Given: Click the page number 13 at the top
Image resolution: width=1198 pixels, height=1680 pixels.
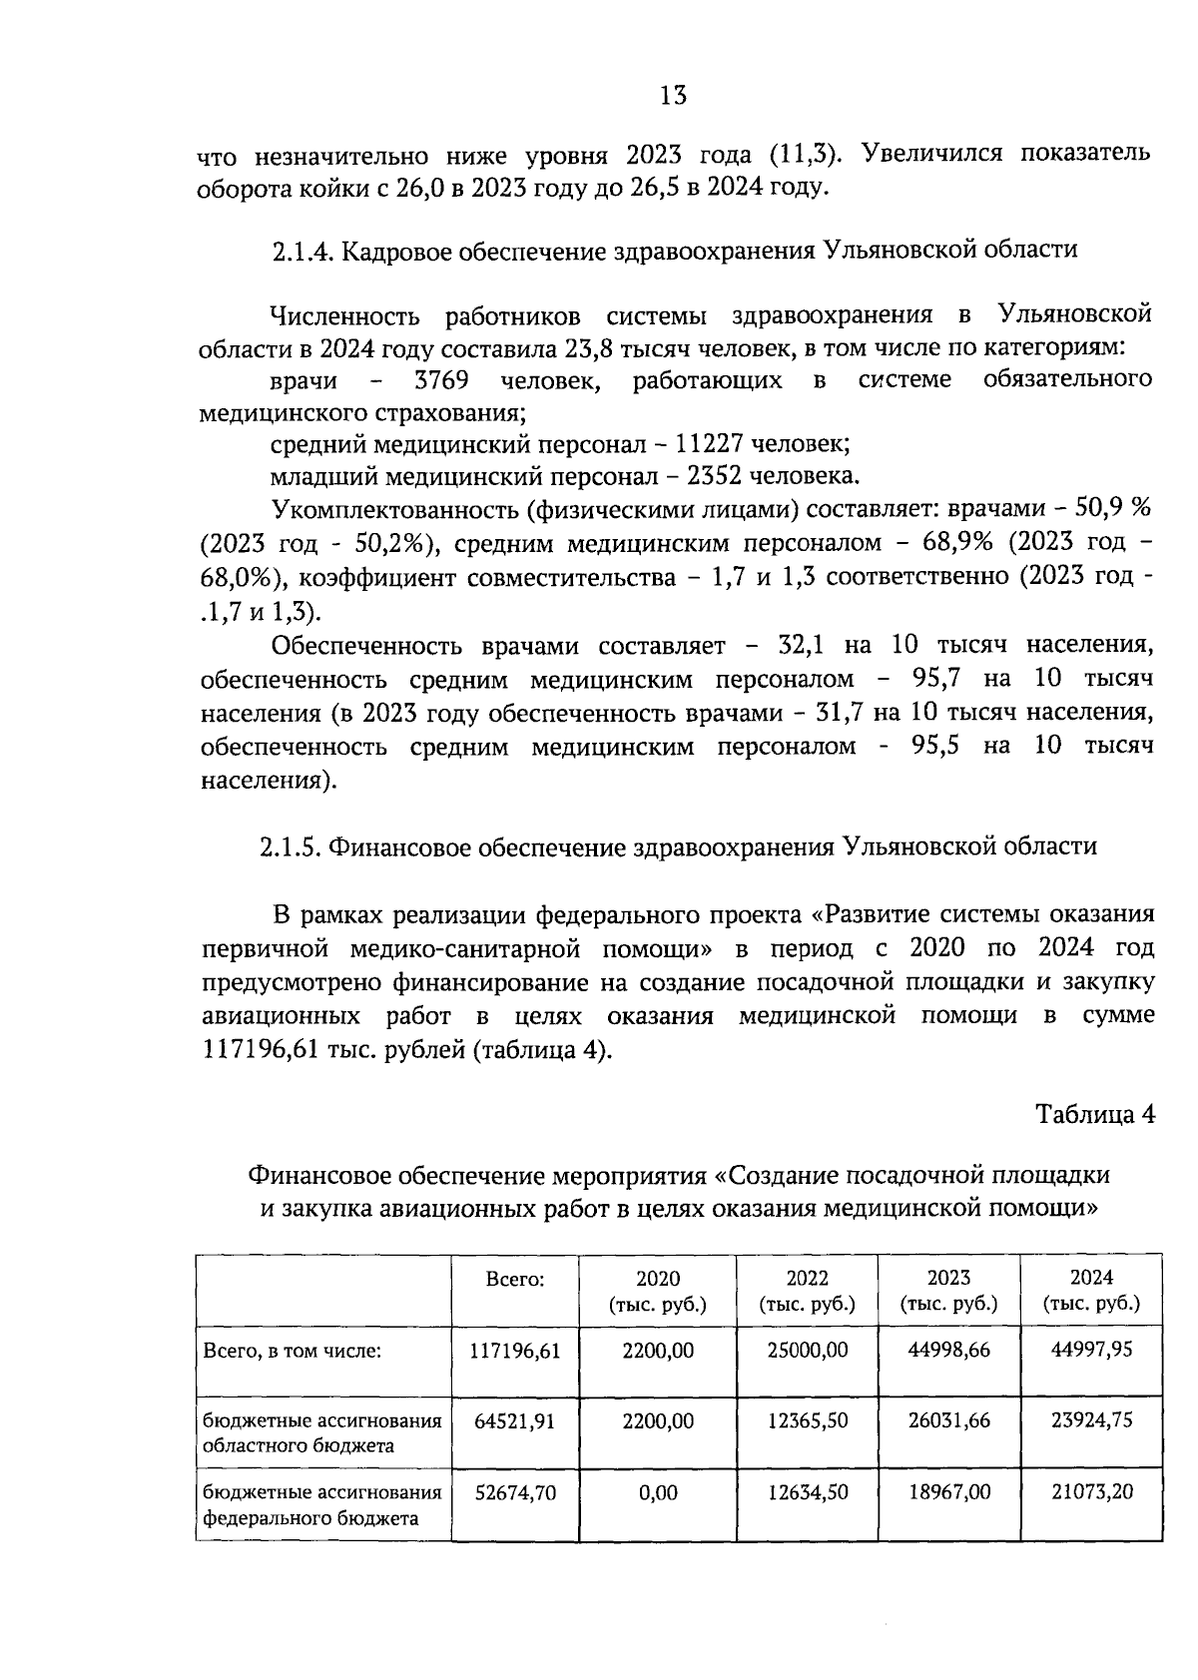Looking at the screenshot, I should click(673, 96).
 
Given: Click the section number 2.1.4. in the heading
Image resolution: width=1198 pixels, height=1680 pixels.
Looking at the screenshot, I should click(301, 250).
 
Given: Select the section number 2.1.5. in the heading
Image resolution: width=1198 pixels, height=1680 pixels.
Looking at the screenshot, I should click(291, 846).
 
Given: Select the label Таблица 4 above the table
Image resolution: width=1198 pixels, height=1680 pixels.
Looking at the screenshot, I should click(1094, 1114).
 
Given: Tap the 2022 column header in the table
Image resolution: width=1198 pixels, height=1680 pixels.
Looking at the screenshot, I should click(807, 1279).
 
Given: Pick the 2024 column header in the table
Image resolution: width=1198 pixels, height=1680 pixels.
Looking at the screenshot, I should click(1091, 1278).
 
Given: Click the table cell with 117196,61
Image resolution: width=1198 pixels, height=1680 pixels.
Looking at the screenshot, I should click(515, 1351).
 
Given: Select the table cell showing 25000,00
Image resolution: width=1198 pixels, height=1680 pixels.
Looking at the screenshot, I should click(807, 1351).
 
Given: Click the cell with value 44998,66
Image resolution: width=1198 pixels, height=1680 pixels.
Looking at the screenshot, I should click(948, 1351).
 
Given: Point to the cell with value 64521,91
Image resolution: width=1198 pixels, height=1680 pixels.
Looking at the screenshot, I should click(515, 1420).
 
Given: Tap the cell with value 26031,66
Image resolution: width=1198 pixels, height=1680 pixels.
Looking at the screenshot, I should click(948, 1420).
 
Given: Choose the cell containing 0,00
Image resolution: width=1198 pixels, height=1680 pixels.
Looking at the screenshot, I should click(658, 1492).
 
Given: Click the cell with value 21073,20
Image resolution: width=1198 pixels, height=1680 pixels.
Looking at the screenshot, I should click(1091, 1492).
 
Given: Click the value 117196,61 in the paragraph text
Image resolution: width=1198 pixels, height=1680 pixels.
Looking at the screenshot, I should click(254, 1051).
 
